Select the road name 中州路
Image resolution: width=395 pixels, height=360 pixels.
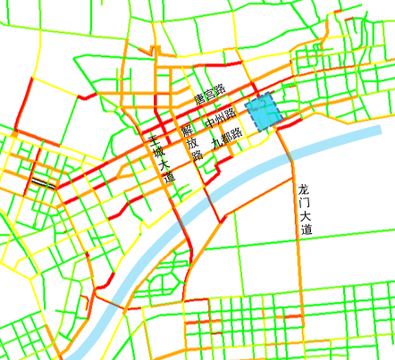tap(219, 118)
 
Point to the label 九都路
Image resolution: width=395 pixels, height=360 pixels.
tap(226, 138)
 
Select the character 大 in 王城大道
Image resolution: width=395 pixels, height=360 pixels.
tap(164, 164)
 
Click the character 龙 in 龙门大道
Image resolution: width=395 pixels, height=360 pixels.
tap(305, 189)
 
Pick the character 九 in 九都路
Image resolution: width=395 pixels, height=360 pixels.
tap(216, 142)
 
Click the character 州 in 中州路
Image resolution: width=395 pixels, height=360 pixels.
tap(219, 118)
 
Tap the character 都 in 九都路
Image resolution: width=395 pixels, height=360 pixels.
tap(226, 138)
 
